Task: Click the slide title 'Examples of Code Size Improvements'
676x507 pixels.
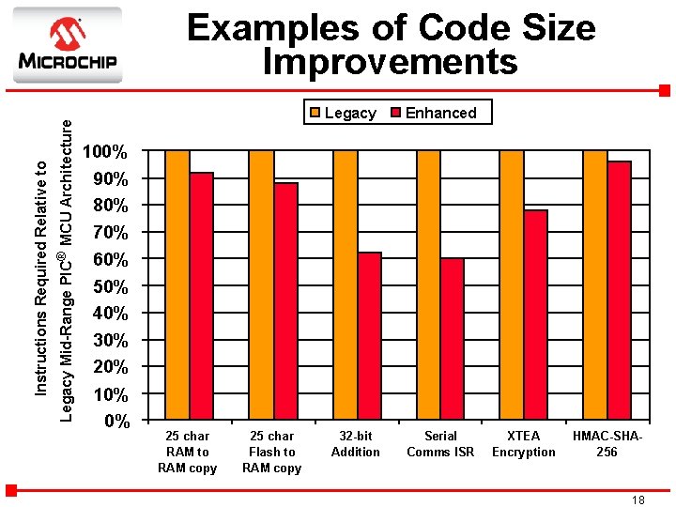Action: point(391,44)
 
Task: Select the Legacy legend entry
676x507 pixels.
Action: point(343,113)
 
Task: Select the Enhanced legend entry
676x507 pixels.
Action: point(433,113)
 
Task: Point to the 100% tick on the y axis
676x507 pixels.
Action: point(105,151)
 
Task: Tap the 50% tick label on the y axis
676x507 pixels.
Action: point(105,285)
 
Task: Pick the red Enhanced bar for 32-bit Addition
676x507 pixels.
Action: point(369,335)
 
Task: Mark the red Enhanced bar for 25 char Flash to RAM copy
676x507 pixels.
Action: point(285,300)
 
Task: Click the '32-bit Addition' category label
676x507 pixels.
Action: point(356,444)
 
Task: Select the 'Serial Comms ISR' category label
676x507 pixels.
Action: point(440,444)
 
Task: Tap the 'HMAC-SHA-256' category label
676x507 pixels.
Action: point(607,444)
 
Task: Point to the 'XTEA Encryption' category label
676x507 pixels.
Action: point(523,444)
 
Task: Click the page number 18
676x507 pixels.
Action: point(638,500)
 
